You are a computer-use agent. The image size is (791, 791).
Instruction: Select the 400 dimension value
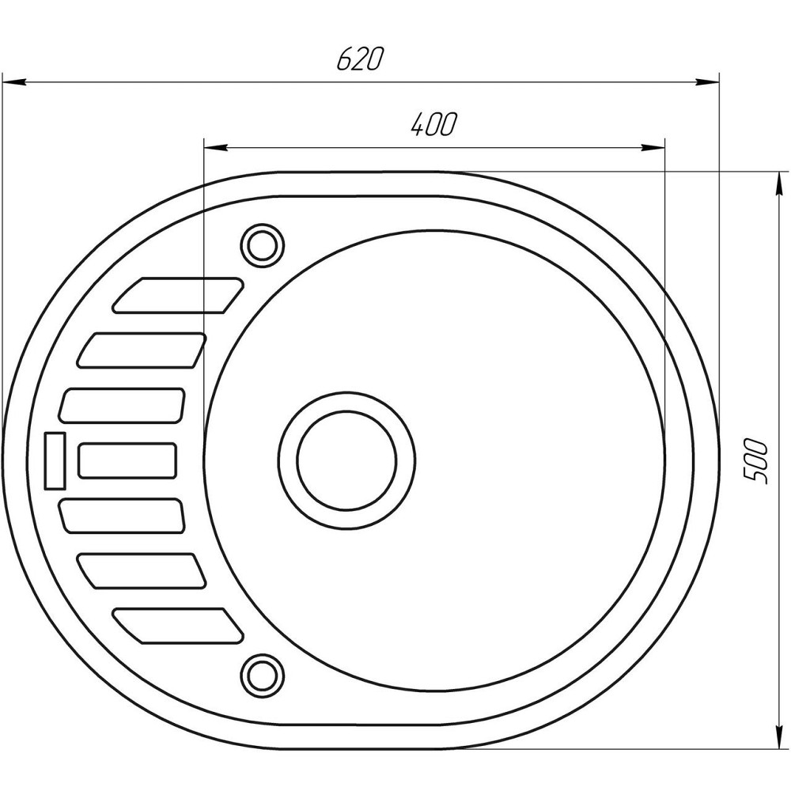(x=433, y=125)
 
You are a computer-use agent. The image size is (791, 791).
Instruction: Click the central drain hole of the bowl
(x=346, y=460)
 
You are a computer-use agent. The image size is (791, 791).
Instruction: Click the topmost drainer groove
(x=180, y=294)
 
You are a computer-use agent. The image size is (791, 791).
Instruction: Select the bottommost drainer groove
(x=178, y=626)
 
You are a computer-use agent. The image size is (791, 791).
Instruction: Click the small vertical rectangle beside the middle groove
(x=56, y=460)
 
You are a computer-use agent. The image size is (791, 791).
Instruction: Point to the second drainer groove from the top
(x=142, y=350)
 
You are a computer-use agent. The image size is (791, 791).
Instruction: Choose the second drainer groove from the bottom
(x=142, y=570)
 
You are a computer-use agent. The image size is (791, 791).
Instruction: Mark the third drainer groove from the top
(x=123, y=405)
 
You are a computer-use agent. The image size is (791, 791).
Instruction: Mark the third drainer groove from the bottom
(x=123, y=516)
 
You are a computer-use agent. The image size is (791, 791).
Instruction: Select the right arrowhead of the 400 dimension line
(x=653, y=147)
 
